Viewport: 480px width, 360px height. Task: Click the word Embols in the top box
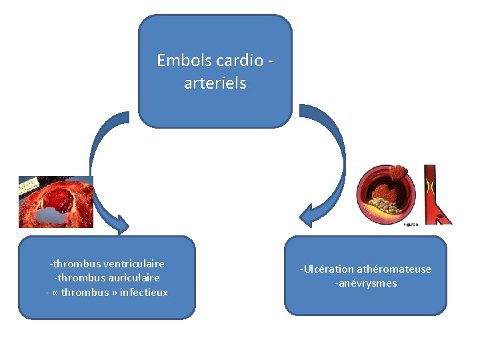[177, 61]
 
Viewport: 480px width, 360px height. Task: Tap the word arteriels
[215, 83]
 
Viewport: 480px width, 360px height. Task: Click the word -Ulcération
[326, 269]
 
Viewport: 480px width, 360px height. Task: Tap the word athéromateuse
[394, 269]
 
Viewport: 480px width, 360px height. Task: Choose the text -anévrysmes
[365, 283]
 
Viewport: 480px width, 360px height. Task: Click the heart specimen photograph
[56, 202]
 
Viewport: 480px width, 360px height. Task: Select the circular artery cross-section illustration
[387, 194]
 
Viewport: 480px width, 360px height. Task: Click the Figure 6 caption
[411, 225]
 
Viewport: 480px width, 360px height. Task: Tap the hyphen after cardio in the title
[270, 61]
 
